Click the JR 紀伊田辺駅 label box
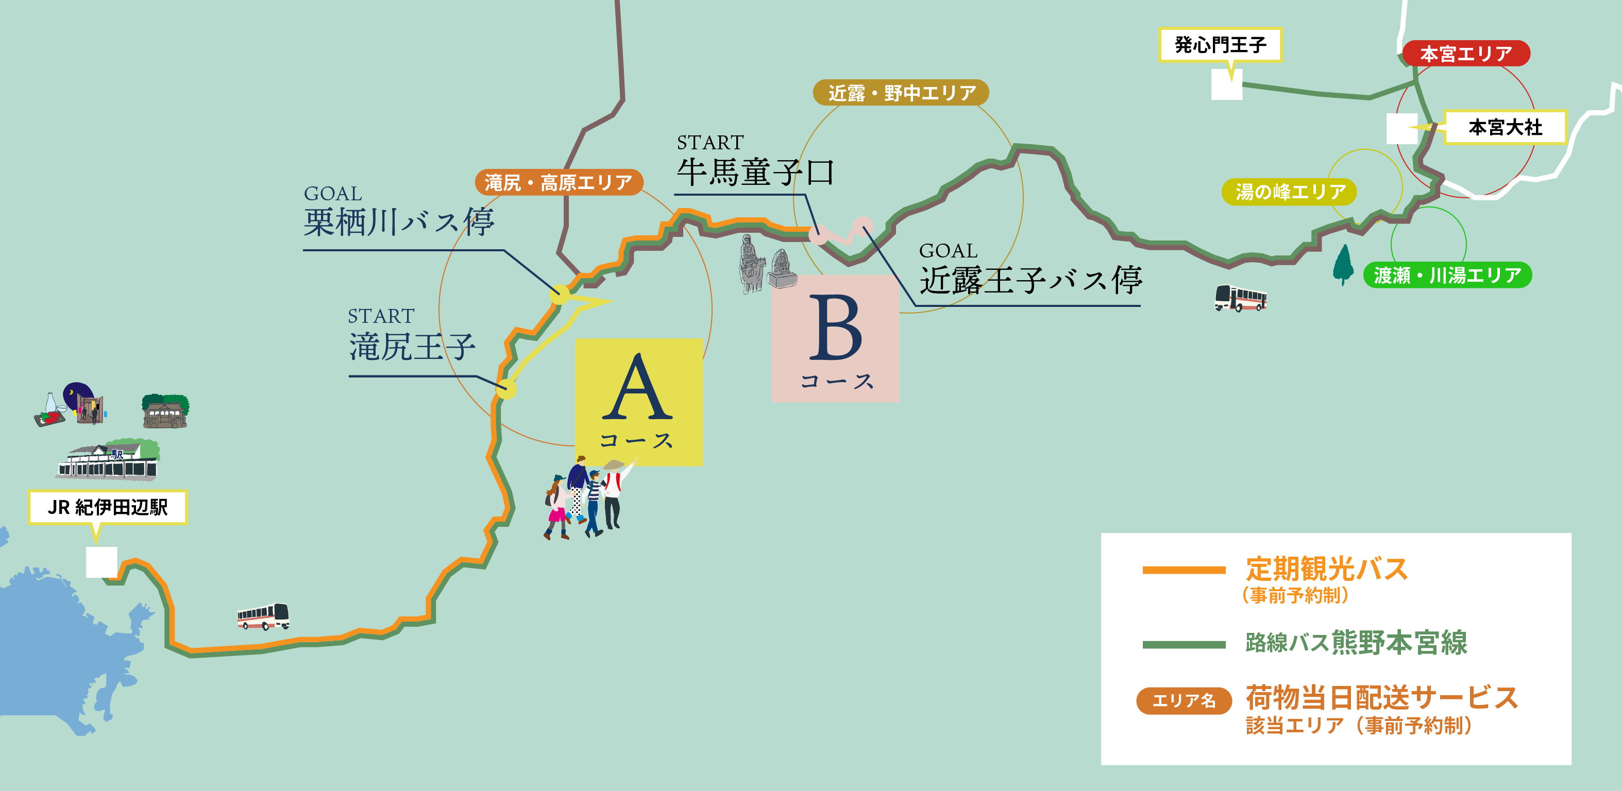pos(108,507)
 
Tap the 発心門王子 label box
pos(1220,45)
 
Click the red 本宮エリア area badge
pos(1466,54)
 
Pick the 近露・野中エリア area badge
pos(901,93)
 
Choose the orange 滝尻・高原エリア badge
pos(559,182)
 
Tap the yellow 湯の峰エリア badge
pos(1289,191)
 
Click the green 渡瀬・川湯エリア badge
pos(1447,275)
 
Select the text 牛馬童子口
pos(755,172)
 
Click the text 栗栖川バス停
pos(399,221)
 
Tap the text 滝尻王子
pos(412,347)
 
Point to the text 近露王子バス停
pos(1030,280)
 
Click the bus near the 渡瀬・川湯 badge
pos(1240,298)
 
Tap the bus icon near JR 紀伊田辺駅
pos(263,616)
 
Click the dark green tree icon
pos(1343,264)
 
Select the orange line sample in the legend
pos(1184,570)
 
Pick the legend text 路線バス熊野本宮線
pos(1356,643)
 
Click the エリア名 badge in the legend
pos(1184,700)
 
